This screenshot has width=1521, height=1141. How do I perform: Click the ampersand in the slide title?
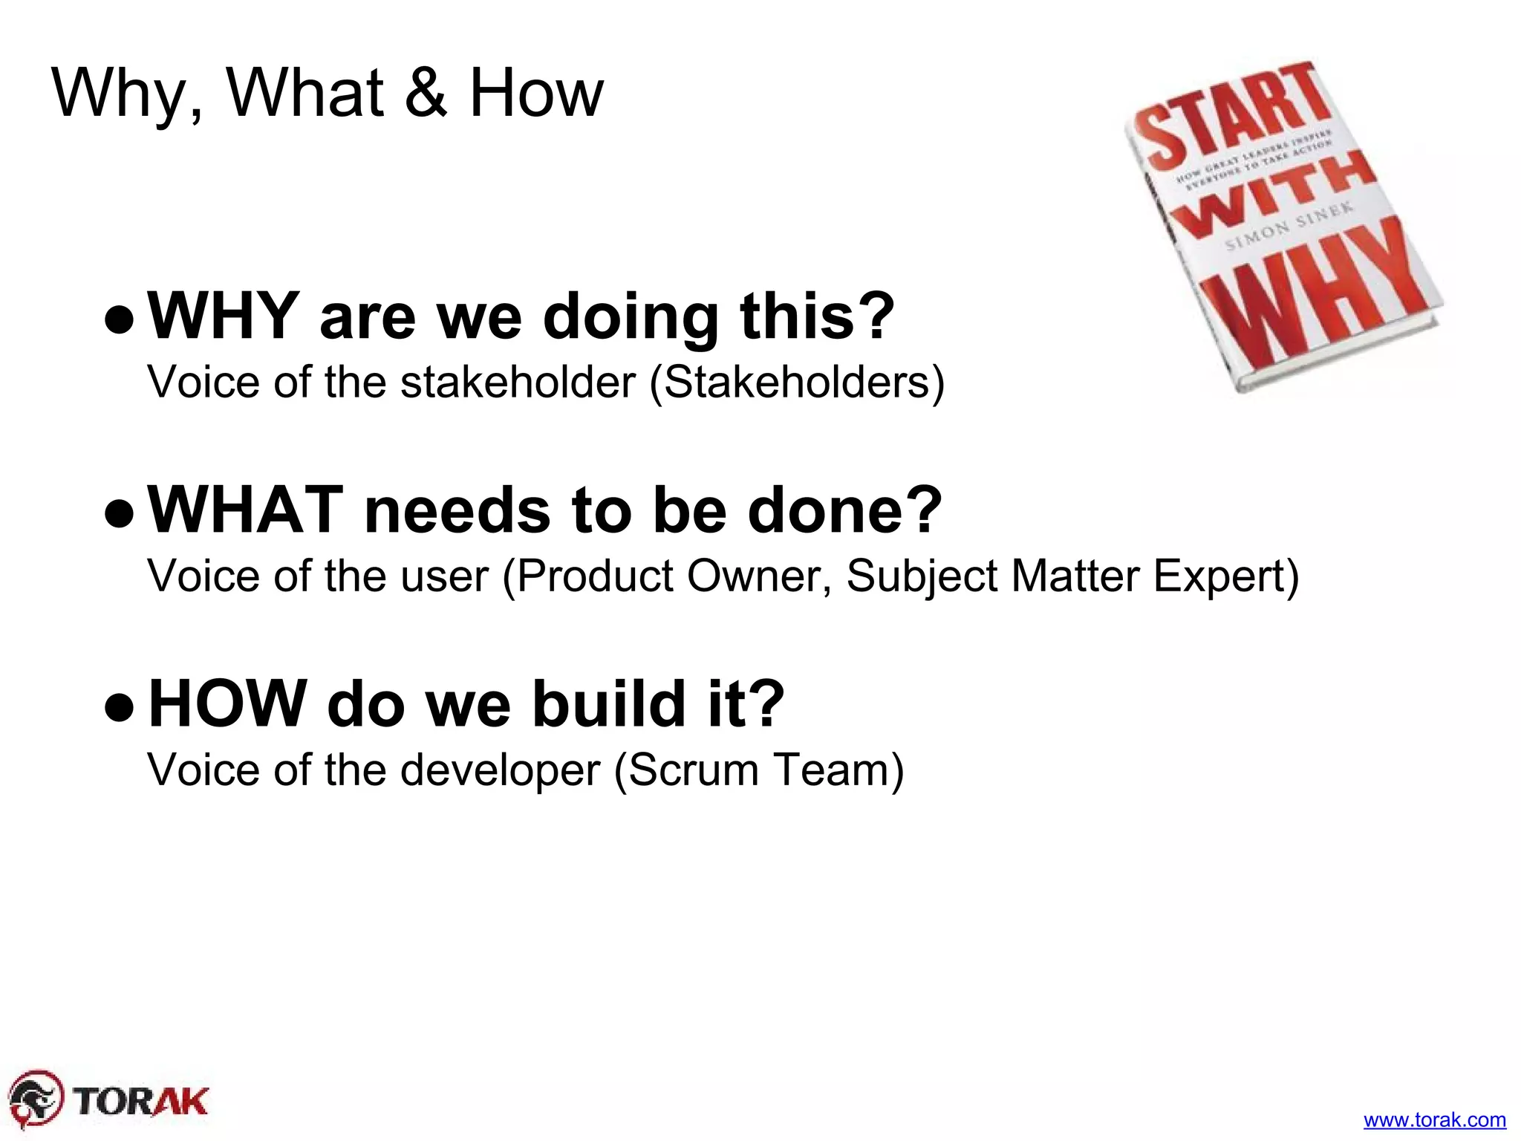click(x=426, y=94)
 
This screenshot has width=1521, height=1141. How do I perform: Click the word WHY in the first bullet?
click(x=224, y=316)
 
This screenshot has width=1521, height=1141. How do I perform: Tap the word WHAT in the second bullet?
click(x=246, y=510)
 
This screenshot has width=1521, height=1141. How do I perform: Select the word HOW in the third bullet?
click(x=228, y=703)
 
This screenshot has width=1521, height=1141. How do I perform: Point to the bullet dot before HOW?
click(x=120, y=708)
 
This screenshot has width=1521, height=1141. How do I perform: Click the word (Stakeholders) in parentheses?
click(x=797, y=382)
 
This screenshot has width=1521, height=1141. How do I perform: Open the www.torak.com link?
click(x=1434, y=1119)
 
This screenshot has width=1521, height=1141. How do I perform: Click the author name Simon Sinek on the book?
click(x=1289, y=227)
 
